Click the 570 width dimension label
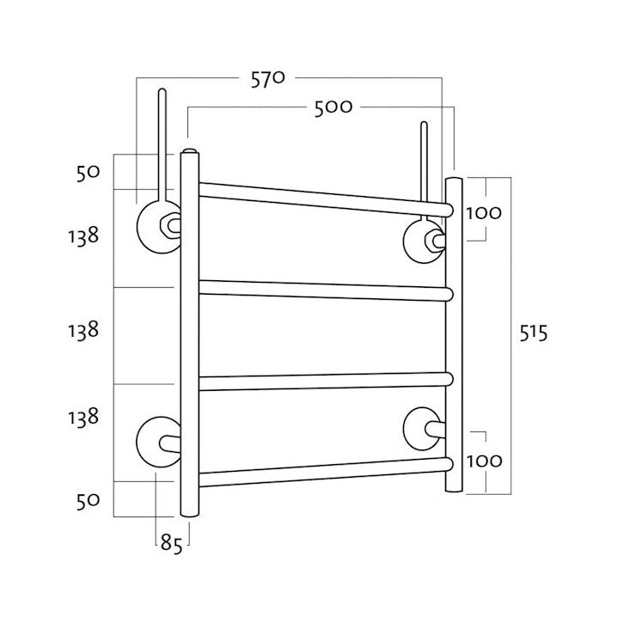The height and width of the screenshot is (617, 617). pos(267,79)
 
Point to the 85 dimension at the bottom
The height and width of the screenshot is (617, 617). pos(171,545)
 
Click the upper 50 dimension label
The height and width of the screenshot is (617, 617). pos(88,172)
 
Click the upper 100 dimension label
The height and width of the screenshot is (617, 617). pos(484,211)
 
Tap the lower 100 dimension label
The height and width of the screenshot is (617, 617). pos(484,461)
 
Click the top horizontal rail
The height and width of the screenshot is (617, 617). pos(322,199)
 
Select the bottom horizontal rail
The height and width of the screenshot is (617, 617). pos(322,472)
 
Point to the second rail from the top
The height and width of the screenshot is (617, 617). pos(322,290)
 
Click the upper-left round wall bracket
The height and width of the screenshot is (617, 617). pos(157,227)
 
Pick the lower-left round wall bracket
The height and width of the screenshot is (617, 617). pos(156,442)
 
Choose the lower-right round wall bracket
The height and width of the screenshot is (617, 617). pos(422,428)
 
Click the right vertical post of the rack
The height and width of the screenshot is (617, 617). pos(454,335)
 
